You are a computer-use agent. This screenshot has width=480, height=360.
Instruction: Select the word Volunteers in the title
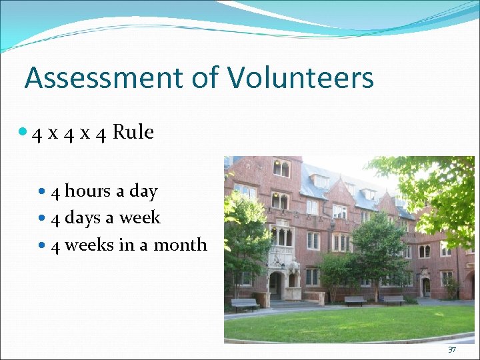coord(300,78)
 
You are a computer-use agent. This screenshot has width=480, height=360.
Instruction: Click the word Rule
coord(133,132)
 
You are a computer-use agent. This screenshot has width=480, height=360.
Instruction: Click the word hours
coord(87,191)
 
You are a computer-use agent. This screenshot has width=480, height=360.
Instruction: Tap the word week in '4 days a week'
coord(141,218)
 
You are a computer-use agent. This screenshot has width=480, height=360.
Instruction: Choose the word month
coord(181,245)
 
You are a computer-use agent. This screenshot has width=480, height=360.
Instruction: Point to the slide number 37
coord(452,350)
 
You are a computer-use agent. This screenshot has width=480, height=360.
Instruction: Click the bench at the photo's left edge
coord(245,304)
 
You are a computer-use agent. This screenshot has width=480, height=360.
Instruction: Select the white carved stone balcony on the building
coord(281,255)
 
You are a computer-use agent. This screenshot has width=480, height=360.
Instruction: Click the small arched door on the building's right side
coord(426,287)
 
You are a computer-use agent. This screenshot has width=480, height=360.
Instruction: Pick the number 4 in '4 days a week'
coord(56,219)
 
